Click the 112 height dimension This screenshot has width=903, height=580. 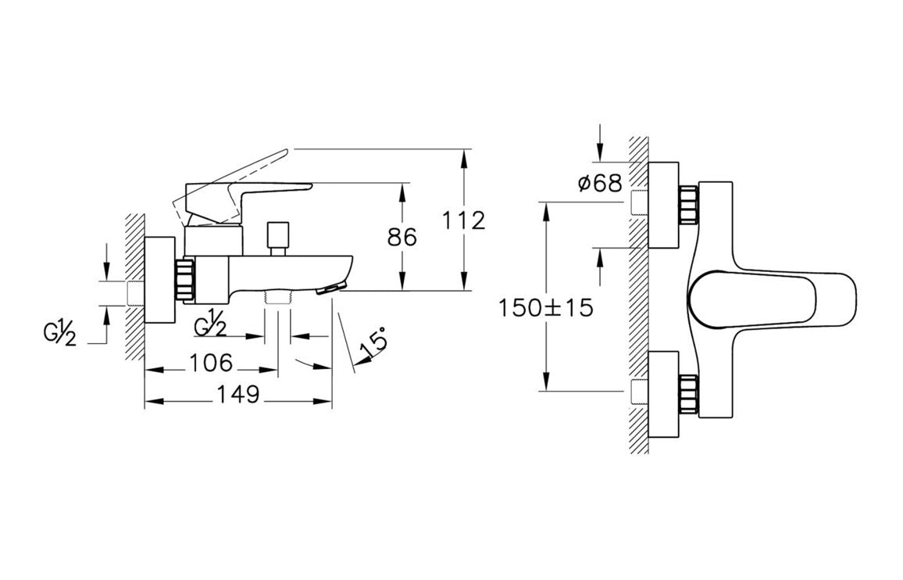point(463,220)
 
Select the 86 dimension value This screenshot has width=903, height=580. point(402,237)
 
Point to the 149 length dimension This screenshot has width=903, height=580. point(237,395)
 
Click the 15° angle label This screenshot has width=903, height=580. point(372,343)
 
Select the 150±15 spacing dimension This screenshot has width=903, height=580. point(545,307)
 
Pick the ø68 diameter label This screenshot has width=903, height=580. point(599,184)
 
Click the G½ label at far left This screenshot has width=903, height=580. point(59,335)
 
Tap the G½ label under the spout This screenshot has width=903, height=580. point(210,324)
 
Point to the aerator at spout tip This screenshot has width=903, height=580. point(332,288)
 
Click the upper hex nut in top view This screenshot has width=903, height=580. point(689,205)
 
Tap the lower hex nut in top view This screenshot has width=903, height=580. point(689,395)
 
